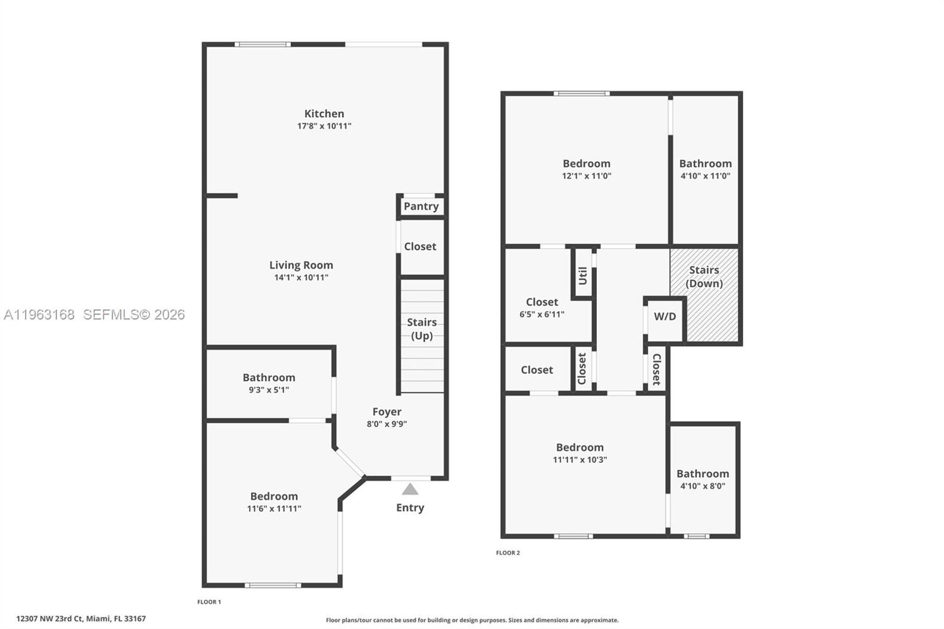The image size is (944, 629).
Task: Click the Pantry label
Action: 421,206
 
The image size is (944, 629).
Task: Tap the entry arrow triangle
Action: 410,489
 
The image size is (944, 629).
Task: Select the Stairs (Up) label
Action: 422,328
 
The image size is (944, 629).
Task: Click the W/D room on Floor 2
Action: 665,317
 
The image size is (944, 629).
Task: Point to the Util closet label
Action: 583,275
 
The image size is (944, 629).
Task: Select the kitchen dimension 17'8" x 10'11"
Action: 324,126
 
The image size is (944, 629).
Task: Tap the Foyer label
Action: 387,412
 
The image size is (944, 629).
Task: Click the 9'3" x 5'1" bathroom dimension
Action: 268,390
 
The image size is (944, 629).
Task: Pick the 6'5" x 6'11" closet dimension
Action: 542,314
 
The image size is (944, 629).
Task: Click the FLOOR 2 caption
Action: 508,553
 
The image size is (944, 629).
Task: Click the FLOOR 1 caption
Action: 209,602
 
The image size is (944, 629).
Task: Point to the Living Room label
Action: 301,265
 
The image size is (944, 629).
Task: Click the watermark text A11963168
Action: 39,314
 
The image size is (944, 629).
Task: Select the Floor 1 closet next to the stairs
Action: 420,246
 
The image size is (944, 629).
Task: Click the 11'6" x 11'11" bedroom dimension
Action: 274,508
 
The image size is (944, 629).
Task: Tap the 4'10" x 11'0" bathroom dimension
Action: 705,176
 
